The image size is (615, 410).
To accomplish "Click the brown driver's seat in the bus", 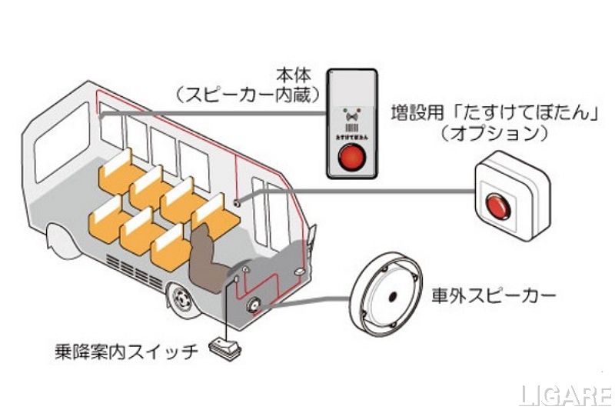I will (207, 254).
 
